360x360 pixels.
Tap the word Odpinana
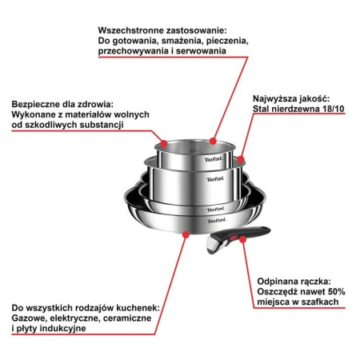coord(282,282)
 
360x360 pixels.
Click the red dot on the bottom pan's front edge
coord(186,235)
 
